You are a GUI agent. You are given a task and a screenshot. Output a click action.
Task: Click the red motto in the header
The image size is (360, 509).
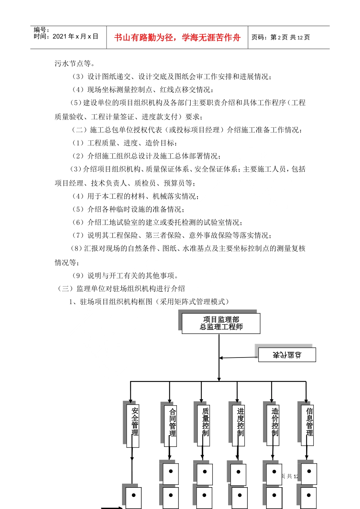click(x=177, y=37)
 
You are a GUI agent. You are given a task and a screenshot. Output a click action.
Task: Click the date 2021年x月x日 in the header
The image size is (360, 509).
click(x=75, y=36)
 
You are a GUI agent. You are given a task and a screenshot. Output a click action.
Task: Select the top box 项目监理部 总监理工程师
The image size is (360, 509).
click(x=221, y=323)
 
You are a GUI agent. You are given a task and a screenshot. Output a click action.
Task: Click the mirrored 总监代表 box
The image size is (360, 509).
click(x=287, y=355)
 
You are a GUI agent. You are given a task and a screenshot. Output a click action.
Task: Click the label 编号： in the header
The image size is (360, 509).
click(x=41, y=30)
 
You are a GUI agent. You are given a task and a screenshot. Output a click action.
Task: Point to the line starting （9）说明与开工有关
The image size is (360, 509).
click(x=125, y=275)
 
